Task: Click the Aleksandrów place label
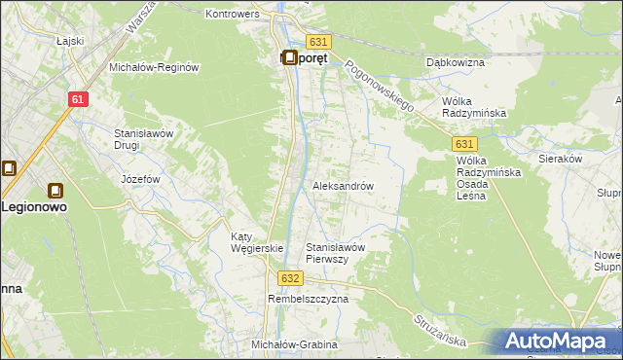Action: (343, 185)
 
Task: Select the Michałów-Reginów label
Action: (154, 67)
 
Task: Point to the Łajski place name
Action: (42, 40)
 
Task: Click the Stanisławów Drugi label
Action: (144, 138)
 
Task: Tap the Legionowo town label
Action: (35, 207)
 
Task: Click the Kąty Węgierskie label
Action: (256, 242)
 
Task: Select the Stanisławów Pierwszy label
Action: (335, 253)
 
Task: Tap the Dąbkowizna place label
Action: (456, 62)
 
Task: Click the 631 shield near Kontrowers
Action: (319, 42)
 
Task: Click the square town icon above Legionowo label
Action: (55, 191)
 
